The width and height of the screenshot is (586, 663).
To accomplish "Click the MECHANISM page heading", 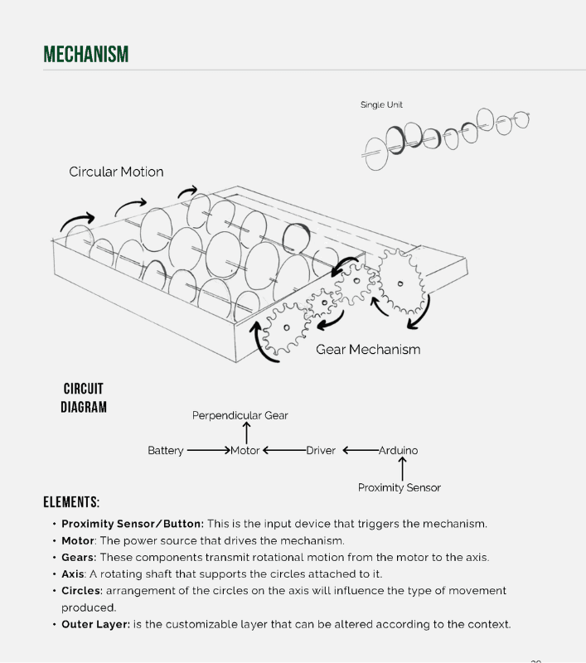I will (x=86, y=55).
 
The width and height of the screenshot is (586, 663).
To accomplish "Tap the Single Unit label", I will (x=381, y=105).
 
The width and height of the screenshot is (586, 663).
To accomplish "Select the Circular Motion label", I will (x=116, y=172).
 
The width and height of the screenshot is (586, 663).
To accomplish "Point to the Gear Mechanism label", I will (x=368, y=350).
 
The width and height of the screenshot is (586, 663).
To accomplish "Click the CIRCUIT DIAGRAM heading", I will (x=84, y=398).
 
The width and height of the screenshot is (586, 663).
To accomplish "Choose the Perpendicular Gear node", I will (x=240, y=415).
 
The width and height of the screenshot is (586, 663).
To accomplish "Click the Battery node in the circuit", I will (x=166, y=451).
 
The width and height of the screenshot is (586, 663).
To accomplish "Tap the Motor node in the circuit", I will (x=245, y=451).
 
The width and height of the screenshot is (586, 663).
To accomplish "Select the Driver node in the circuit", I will (x=321, y=451).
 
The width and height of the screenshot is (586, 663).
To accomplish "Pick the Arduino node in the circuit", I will (x=399, y=451).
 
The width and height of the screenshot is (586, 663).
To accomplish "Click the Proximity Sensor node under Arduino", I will (x=400, y=487).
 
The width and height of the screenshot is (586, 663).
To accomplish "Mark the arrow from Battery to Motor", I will (x=208, y=451).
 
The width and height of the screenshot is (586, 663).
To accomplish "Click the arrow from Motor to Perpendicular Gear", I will (x=246, y=432).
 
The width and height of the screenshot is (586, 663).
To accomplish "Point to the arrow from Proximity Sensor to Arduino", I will (x=402, y=469).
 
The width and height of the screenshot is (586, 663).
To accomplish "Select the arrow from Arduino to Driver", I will (x=360, y=451).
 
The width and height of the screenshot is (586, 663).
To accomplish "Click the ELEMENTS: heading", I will (x=71, y=502).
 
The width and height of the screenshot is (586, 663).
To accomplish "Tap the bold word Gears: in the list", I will (x=79, y=557).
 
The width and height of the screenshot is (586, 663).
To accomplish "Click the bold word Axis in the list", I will (x=73, y=573).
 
